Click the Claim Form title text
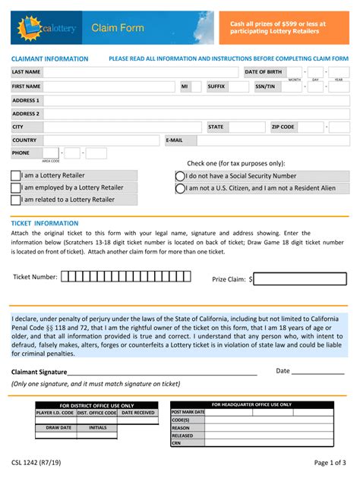pyautogui.click(x=118, y=28)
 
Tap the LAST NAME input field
pyautogui.click(x=141, y=72)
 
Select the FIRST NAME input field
pyautogui.click(x=109, y=86)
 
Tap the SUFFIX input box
pyautogui.click(x=238, y=86)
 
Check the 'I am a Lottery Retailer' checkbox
pyautogui.click(x=16, y=175)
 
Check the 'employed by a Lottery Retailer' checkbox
pyautogui.click(x=16, y=187)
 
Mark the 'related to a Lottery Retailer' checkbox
pyautogui.click(x=16, y=200)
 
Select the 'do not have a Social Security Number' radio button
pyautogui.click(x=180, y=175)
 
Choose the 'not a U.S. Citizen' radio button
pyautogui.click(x=180, y=187)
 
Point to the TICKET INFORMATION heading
pyautogui.click(x=44, y=223)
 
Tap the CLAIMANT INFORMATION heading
pyautogui.click(x=49, y=58)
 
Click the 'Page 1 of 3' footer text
pyautogui.click(x=330, y=462)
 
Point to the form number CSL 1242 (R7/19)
pyautogui.click(x=37, y=462)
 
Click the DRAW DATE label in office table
pyautogui.click(x=58, y=427)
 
